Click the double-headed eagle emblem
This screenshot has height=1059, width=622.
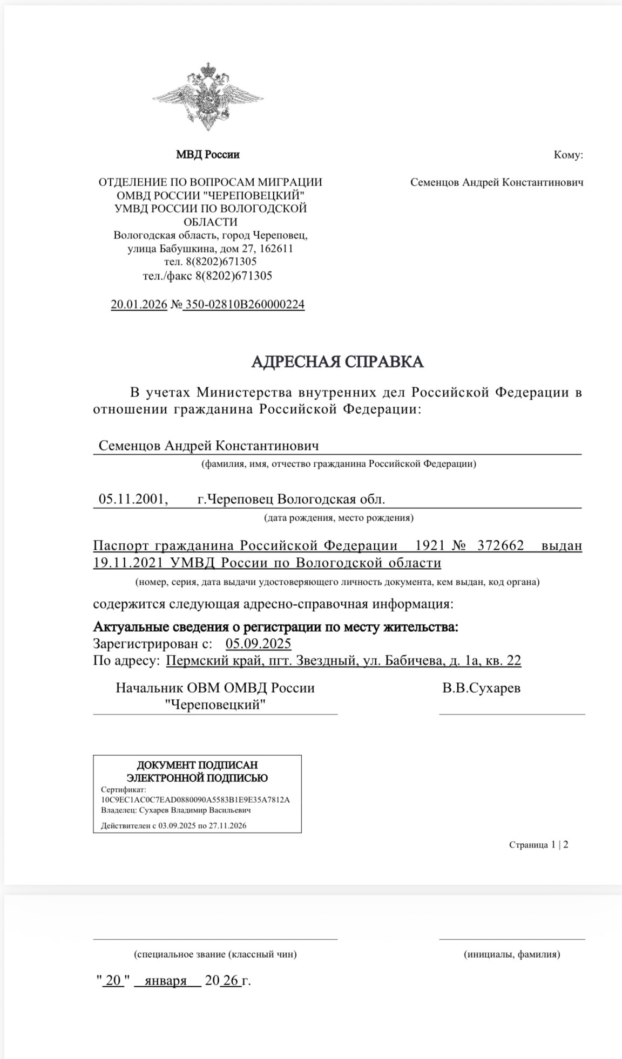pyautogui.click(x=208, y=98)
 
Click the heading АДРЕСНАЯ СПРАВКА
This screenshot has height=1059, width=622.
pyautogui.click(x=337, y=361)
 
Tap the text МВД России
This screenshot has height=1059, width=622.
pyautogui.click(x=208, y=155)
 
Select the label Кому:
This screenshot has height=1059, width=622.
pyautogui.click(x=568, y=155)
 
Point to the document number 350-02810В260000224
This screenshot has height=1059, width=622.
pyautogui.click(x=245, y=304)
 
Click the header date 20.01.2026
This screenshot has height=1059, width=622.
pyautogui.click(x=139, y=304)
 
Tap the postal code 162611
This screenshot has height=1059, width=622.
pyautogui.click(x=276, y=249)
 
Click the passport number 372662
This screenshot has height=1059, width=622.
pyautogui.click(x=501, y=545)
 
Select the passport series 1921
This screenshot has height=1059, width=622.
pyautogui.click(x=430, y=545)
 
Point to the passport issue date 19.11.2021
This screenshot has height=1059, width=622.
pyautogui.click(x=128, y=563)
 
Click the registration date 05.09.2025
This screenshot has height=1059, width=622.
pyautogui.click(x=258, y=643)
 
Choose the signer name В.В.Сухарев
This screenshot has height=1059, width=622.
pyautogui.click(x=481, y=688)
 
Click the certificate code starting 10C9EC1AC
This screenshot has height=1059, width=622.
pyautogui.click(x=195, y=800)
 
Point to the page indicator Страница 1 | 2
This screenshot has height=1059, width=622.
pyautogui.click(x=538, y=845)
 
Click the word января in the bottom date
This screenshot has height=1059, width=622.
pyautogui.click(x=166, y=980)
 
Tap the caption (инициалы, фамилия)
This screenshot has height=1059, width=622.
pyautogui.click(x=511, y=954)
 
